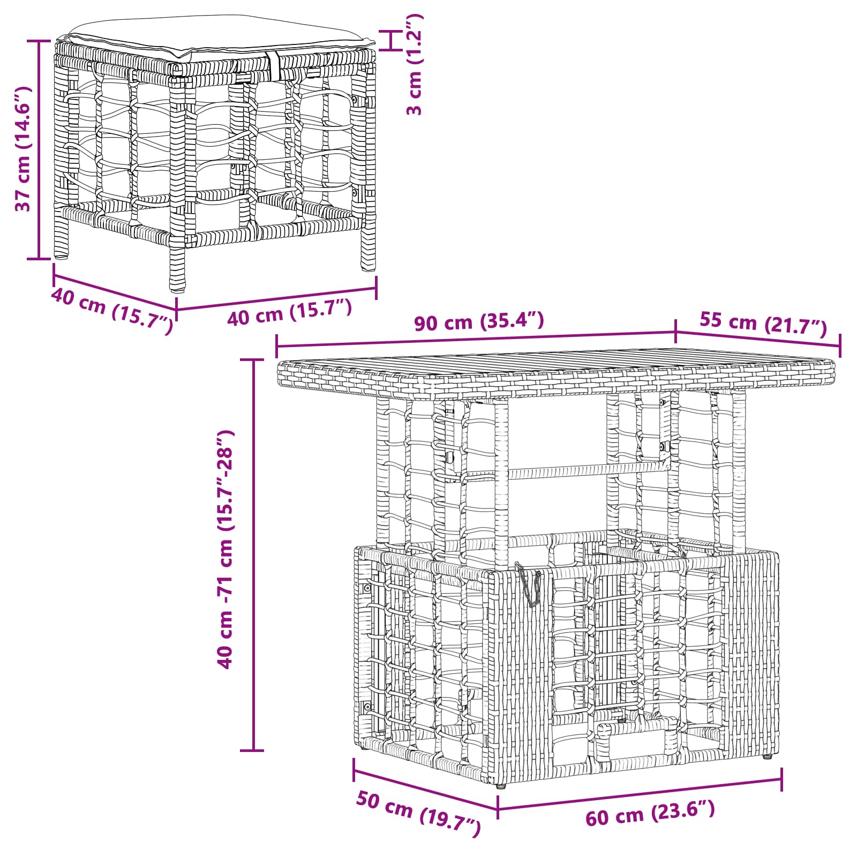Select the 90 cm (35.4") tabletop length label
479,321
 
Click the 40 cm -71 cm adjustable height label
225,548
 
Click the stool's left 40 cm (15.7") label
112,311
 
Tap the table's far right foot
767,757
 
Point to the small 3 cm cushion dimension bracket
392,41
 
